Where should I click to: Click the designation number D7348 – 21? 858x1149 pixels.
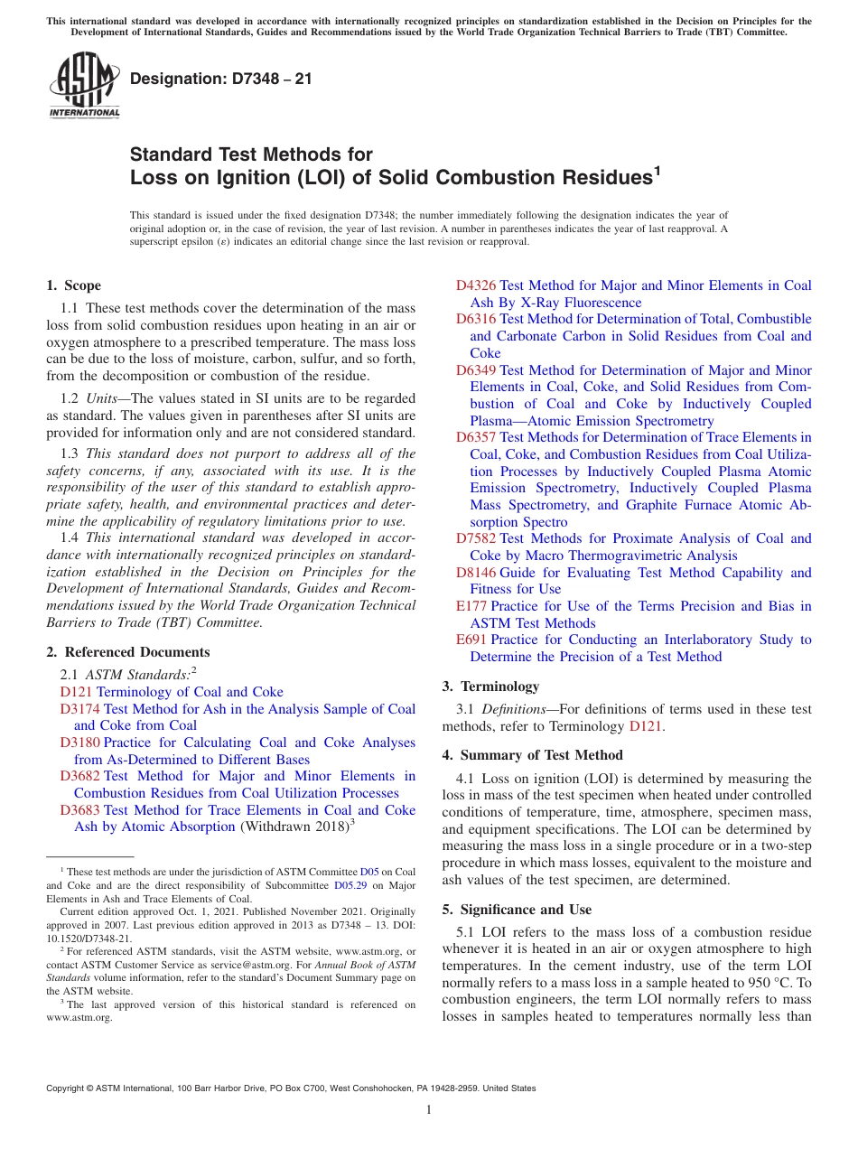tap(221, 79)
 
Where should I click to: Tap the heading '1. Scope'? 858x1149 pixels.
tap(73, 285)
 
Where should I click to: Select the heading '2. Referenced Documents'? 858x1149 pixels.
tap(127, 652)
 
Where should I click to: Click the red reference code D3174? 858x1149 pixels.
tap(79, 709)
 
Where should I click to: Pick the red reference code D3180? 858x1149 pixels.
tap(79, 743)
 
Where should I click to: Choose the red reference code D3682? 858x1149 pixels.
tap(79, 776)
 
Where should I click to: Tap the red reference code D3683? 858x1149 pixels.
tap(79, 810)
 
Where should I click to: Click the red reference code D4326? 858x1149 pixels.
tap(476, 285)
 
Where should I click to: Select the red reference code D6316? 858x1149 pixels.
tap(476, 319)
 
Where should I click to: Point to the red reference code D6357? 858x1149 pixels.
tap(476, 437)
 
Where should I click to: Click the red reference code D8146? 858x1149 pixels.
tap(476, 573)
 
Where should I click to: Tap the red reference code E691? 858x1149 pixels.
tap(472, 640)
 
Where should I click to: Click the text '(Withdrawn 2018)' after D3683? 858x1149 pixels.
tap(294, 827)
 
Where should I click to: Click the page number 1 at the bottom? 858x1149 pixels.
tap(429, 1110)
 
